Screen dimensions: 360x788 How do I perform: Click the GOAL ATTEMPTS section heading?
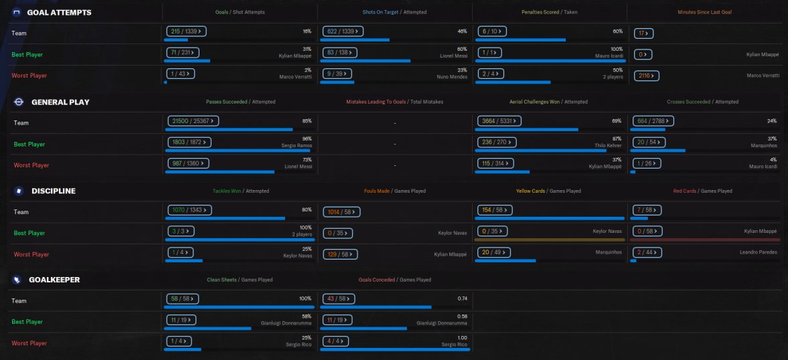[x=60, y=13]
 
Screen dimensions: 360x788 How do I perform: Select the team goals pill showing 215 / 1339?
[x=185, y=31]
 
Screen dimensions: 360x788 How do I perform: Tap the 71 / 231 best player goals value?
[x=181, y=53]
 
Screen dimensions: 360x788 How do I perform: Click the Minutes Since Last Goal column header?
[x=704, y=12]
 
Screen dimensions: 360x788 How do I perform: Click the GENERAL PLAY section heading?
[x=60, y=102]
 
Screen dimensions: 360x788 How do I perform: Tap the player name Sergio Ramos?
[x=296, y=145]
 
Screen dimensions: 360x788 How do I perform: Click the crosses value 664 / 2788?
[x=653, y=121]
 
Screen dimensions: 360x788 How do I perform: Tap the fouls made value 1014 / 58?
[x=341, y=211]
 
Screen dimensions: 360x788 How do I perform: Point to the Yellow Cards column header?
[x=532, y=191]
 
